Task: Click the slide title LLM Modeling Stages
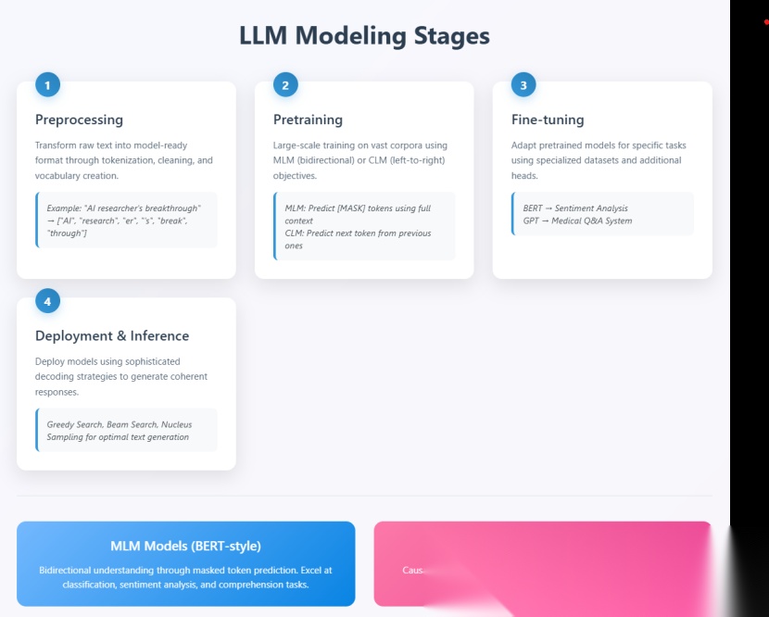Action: tap(364, 36)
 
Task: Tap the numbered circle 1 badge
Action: tap(47, 85)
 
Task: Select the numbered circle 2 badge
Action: tap(285, 85)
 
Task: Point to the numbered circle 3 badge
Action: tap(523, 85)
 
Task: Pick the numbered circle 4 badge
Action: tap(47, 300)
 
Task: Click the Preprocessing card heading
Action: tap(79, 120)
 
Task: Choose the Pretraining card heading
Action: tap(308, 120)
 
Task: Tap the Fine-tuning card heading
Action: tap(548, 120)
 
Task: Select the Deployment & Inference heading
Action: tap(112, 335)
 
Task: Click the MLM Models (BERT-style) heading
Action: tap(185, 546)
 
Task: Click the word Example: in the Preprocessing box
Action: tap(64, 208)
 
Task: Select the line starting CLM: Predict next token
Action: tap(358, 233)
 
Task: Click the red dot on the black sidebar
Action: tap(765, 20)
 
